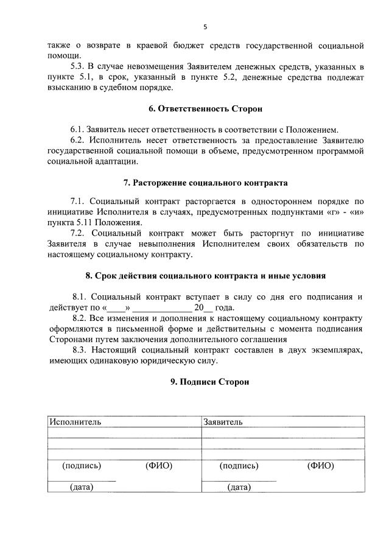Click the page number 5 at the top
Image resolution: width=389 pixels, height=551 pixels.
205,27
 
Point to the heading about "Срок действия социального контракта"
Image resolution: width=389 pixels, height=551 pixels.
205,276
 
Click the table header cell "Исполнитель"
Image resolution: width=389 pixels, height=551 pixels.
76,421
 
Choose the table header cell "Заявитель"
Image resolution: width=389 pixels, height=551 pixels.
223,421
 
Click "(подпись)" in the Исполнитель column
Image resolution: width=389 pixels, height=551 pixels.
82,466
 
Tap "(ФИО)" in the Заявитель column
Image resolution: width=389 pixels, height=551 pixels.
320,466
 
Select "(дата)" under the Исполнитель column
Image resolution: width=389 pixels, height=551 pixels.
82,486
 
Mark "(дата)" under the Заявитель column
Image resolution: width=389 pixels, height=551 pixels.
239,486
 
